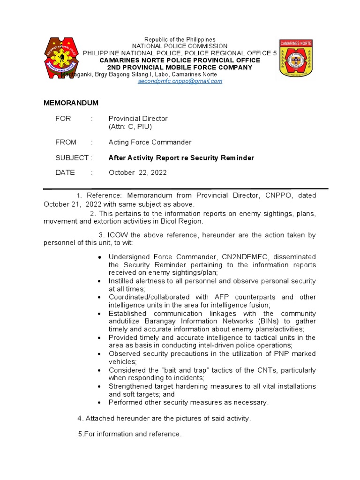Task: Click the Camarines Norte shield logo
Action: [x=299, y=58]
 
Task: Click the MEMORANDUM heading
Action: [x=71, y=103]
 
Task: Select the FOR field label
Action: [x=63, y=119]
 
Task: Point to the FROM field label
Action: [x=66, y=142]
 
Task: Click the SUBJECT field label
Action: [x=72, y=158]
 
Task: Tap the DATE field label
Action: [x=65, y=172]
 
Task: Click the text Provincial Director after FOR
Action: [x=138, y=119]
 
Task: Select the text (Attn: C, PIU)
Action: [x=130, y=127]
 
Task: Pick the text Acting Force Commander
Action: [x=150, y=142]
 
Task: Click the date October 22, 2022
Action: [x=138, y=172]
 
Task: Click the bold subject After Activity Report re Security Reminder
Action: [x=181, y=158]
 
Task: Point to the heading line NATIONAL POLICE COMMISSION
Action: [x=180, y=46]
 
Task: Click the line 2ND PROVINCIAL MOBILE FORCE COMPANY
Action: [x=180, y=67]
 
